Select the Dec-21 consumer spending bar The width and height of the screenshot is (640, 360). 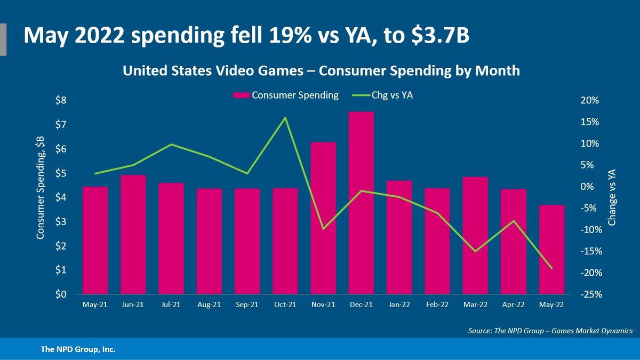(361, 203)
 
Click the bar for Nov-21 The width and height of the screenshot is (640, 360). (323, 218)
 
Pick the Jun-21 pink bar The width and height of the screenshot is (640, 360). (133, 234)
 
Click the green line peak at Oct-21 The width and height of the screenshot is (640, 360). (285, 117)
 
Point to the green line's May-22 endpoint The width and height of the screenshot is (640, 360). (551, 268)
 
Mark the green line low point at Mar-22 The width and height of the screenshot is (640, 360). (475, 251)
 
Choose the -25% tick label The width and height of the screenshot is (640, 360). (591, 294)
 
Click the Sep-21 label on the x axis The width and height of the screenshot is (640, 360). (247, 306)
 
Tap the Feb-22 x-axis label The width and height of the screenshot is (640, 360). (437, 306)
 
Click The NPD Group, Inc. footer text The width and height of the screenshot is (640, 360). (78, 350)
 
